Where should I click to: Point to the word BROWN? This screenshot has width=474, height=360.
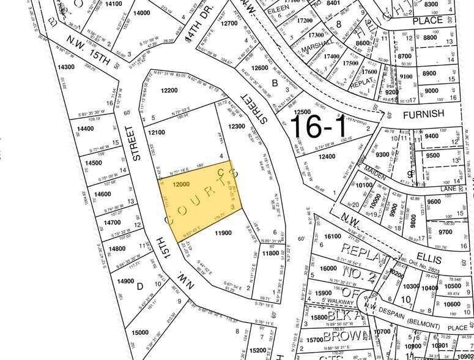point(344,336)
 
